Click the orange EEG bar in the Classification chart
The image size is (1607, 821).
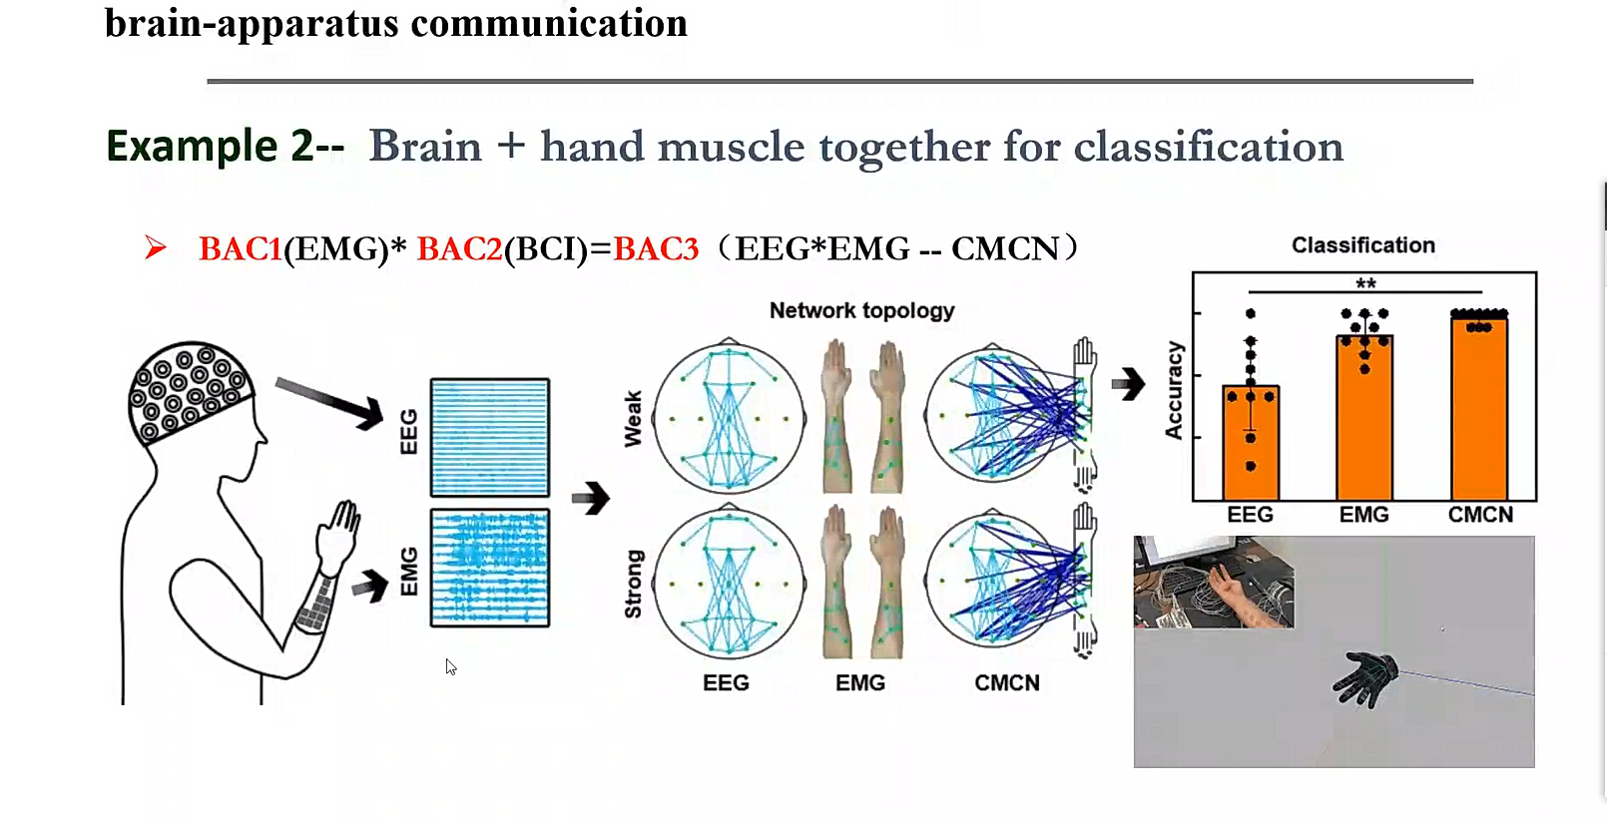click(x=1251, y=442)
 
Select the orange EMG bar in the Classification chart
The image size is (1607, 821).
click(x=1364, y=417)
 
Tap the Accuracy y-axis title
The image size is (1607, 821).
click(x=1174, y=390)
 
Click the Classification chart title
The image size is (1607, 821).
click(x=1363, y=245)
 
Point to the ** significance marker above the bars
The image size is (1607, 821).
click(x=1365, y=284)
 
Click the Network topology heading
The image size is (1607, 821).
click(x=861, y=310)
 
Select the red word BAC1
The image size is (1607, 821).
click(x=241, y=248)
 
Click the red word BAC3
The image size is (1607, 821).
click(x=656, y=248)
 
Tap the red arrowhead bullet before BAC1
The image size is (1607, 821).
click(x=155, y=247)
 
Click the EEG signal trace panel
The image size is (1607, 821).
click(x=490, y=437)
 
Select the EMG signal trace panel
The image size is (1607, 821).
click(x=490, y=568)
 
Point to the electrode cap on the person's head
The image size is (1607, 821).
click(x=190, y=391)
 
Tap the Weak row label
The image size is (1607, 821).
click(x=633, y=419)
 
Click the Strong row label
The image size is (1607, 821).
click(x=633, y=584)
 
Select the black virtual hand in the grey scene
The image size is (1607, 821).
click(x=1365, y=678)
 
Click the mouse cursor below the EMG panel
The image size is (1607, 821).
click(x=450, y=666)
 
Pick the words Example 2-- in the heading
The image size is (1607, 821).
click(x=226, y=146)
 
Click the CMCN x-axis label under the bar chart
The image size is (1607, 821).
click(x=1481, y=515)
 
